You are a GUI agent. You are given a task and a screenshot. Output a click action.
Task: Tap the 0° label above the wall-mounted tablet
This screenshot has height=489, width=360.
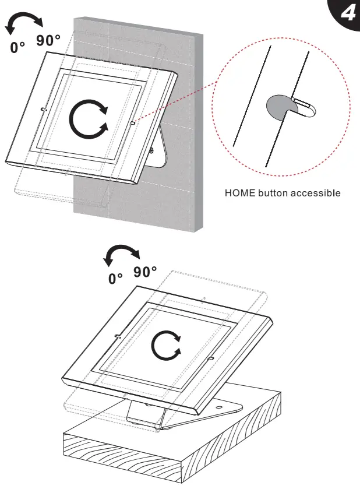(x=19, y=47)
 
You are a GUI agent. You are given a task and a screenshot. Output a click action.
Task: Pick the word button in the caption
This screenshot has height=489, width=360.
(x=273, y=192)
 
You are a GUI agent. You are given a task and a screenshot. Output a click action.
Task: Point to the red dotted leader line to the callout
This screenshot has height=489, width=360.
(x=175, y=113)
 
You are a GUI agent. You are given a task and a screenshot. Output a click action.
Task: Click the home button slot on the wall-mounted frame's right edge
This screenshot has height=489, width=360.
(x=133, y=123)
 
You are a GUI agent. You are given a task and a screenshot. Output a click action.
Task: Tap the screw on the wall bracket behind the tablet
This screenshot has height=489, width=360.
(x=151, y=150)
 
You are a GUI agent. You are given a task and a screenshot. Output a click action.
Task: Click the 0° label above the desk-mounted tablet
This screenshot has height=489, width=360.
(x=117, y=279)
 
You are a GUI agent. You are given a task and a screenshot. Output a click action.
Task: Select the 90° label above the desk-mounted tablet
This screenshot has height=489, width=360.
(x=145, y=272)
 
